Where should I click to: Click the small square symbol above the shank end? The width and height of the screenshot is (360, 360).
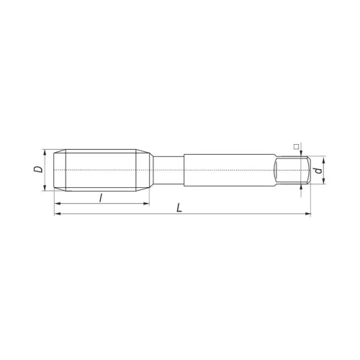pos(295,146)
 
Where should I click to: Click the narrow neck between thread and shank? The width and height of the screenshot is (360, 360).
pos(167,170)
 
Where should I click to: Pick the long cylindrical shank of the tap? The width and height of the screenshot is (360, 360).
pos(230,170)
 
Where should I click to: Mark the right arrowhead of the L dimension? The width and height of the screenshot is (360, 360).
pos(307,214)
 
